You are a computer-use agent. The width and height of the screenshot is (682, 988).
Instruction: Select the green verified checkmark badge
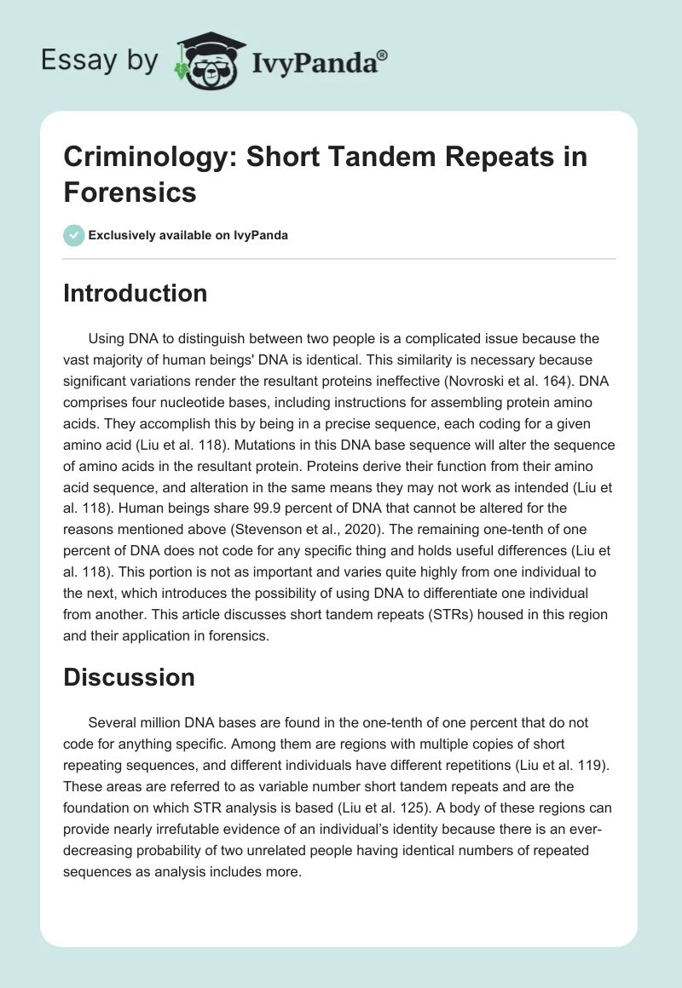tap(74, 235)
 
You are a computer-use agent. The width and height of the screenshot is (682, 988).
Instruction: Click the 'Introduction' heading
tap(136, 293)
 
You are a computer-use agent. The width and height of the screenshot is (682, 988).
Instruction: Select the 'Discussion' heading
tap(130, 677)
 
